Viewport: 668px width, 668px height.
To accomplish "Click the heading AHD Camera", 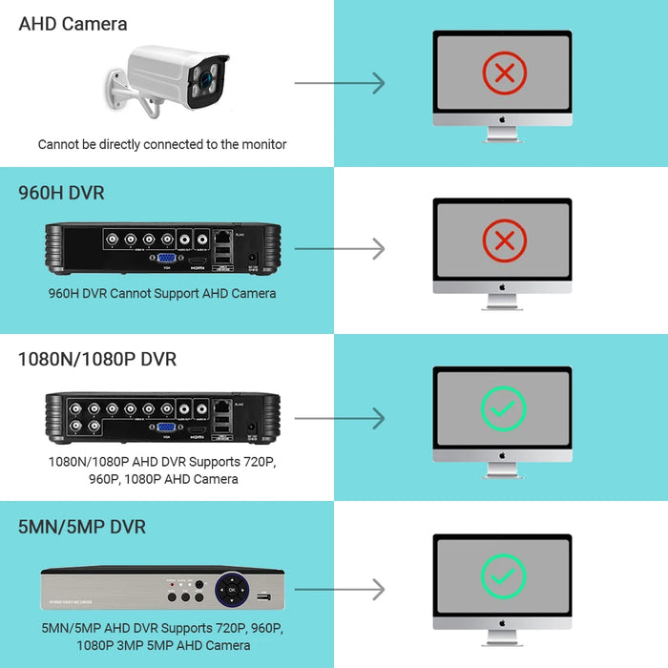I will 73,24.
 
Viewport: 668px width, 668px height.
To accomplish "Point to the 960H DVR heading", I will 61,193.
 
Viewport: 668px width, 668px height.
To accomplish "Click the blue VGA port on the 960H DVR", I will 165,258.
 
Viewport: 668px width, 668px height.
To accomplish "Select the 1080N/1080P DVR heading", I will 97,360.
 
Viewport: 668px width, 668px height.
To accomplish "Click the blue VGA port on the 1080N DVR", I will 165,428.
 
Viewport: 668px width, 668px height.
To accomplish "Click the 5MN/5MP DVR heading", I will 82,527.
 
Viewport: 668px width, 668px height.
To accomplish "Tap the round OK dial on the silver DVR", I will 231,590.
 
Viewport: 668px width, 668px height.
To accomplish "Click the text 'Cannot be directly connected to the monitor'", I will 162,144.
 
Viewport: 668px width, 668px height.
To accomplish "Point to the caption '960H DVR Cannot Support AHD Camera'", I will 162,293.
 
